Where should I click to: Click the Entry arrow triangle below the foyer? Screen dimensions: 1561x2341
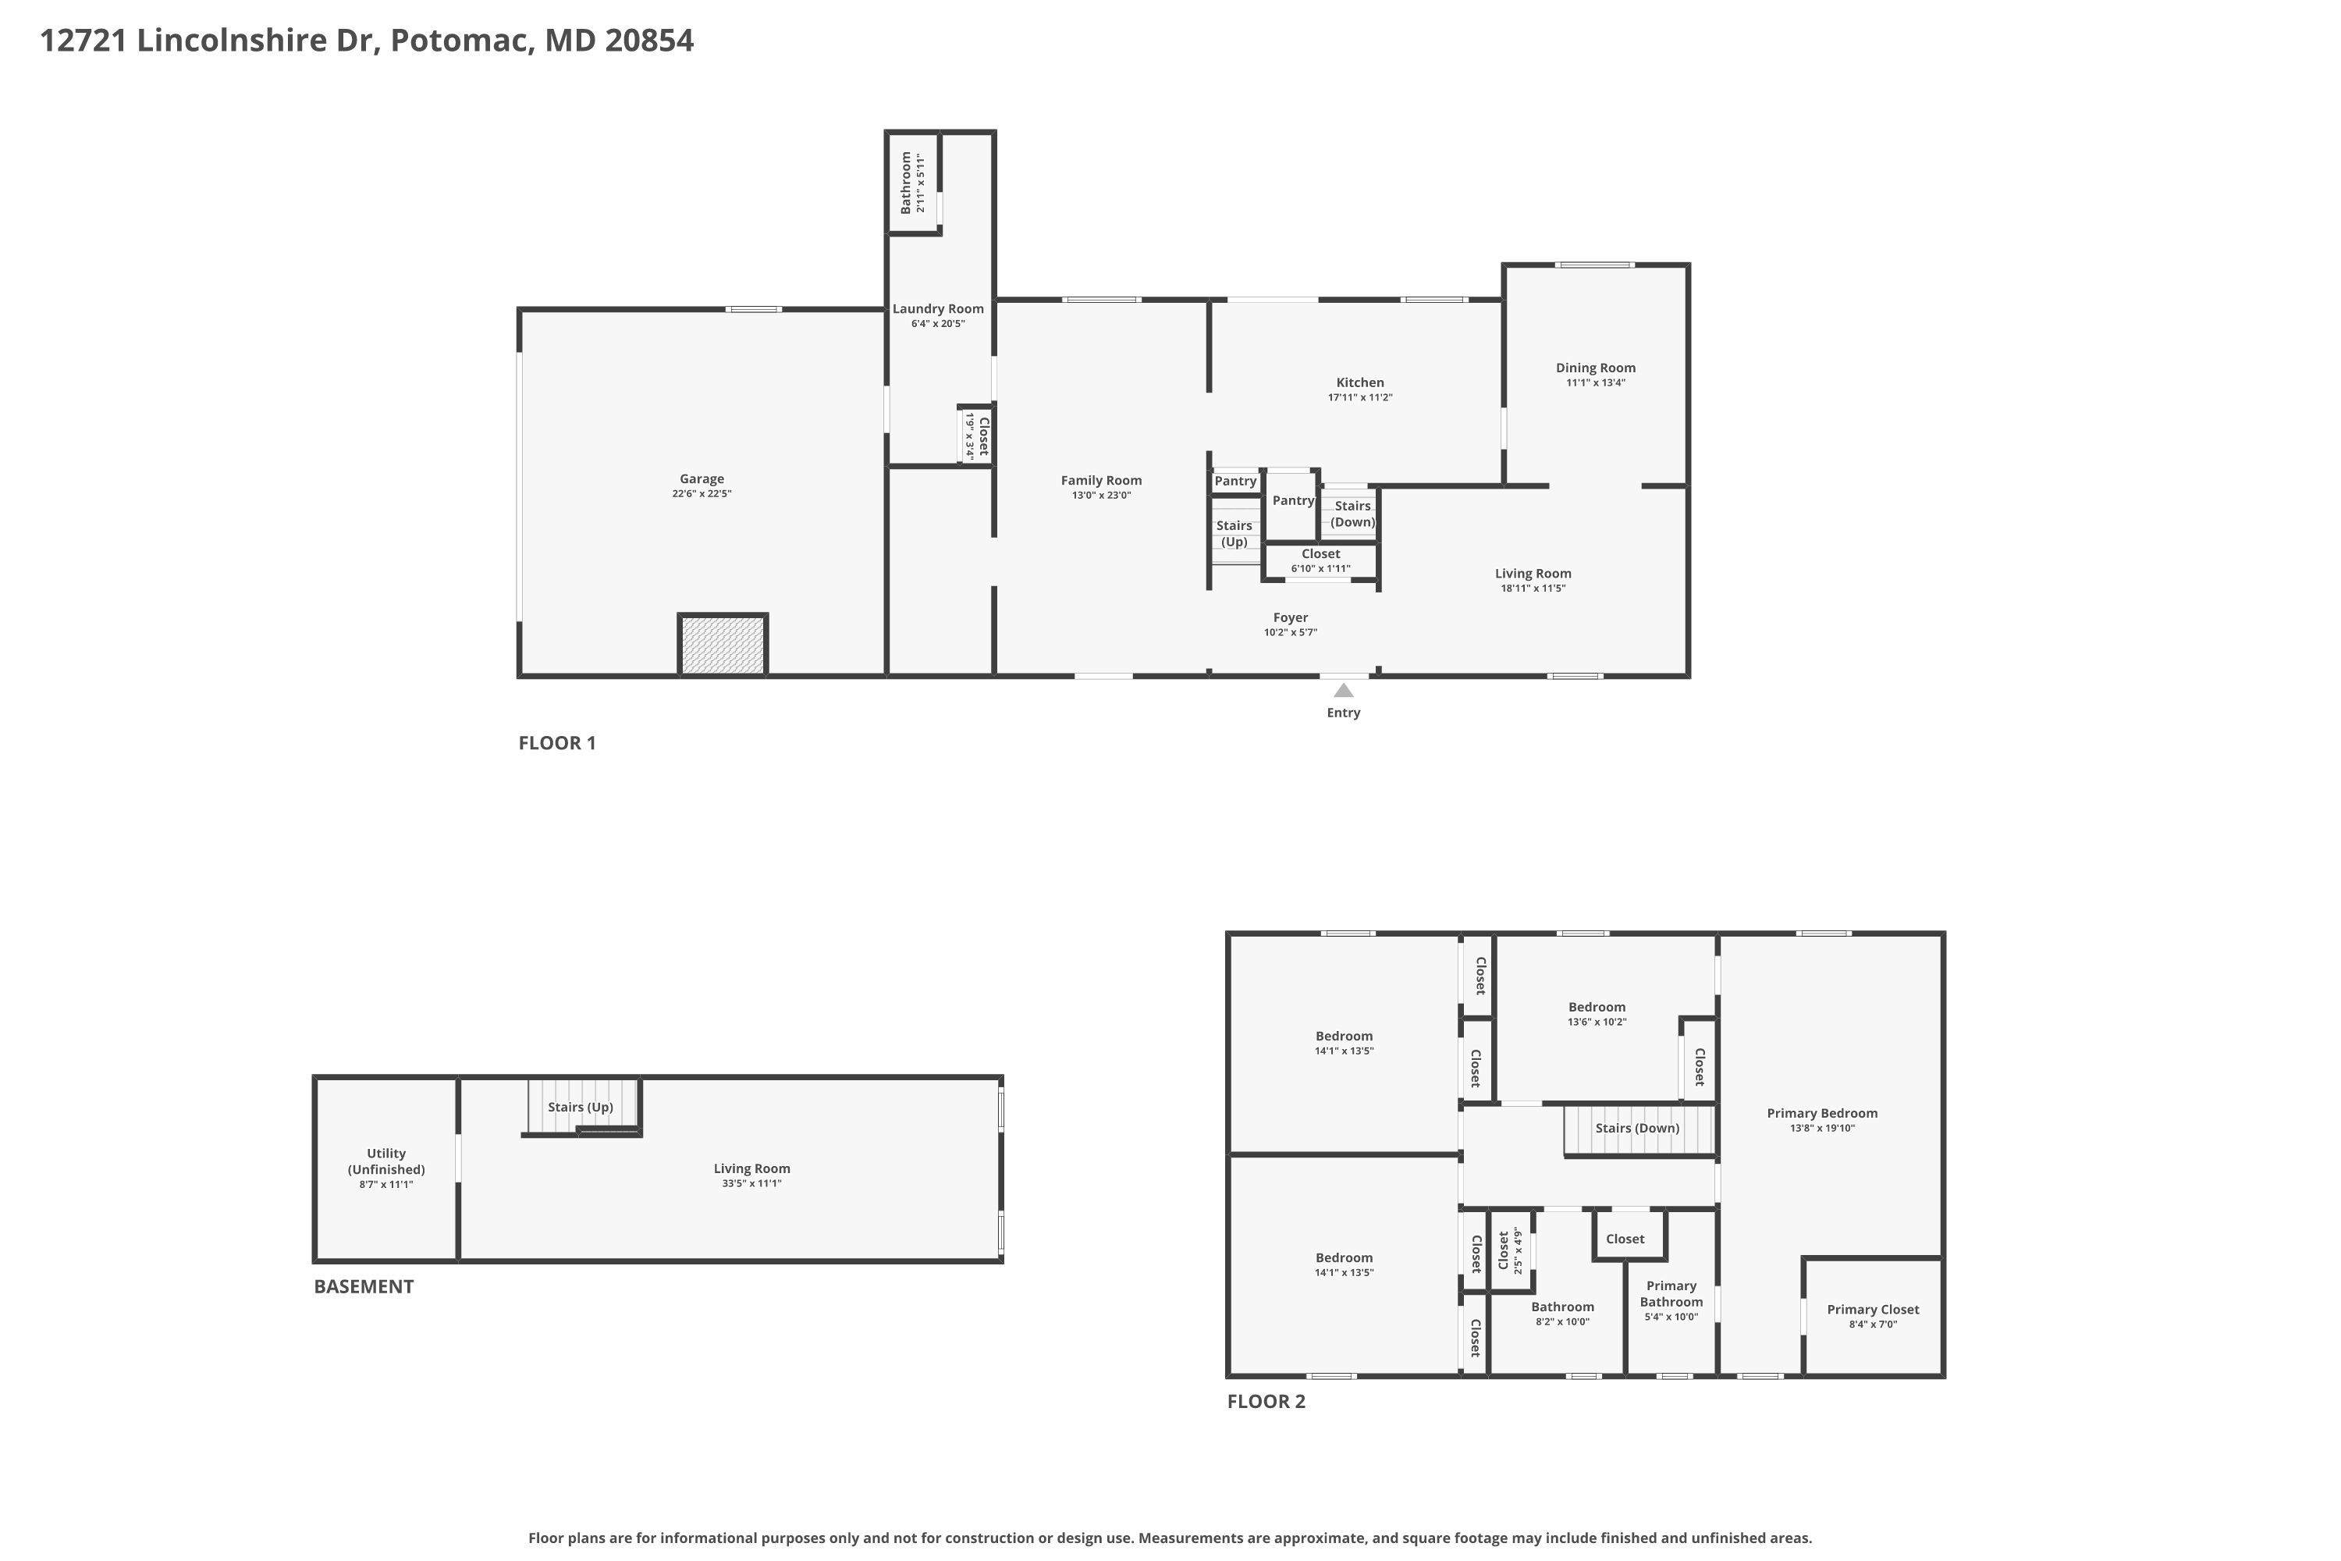click(1343, 690)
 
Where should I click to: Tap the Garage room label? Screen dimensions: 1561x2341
click(701, 479)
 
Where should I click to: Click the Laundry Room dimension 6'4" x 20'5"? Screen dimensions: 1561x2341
click(938, 324)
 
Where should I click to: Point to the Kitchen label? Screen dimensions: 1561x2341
click(1359, 382)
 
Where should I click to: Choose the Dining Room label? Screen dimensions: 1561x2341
click(1596, 368)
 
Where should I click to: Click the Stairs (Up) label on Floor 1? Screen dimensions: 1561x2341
click(1234, 534)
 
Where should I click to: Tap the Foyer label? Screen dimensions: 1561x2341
click(1290, 617)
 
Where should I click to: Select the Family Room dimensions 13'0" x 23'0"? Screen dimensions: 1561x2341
click(1101, 495)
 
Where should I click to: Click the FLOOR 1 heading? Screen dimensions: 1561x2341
click(556, 743)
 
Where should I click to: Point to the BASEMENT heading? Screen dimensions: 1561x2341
click(364, 1286)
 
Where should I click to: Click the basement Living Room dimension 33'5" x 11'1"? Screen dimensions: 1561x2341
click(751, 1184)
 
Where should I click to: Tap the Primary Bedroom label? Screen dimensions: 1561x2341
click(1821, 1113)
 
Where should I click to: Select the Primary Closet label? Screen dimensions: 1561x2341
click(1872, 1309)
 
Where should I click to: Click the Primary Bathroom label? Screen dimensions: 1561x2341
click(1671, 1293)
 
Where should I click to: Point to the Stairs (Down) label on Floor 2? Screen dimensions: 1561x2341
click(1636, 1128)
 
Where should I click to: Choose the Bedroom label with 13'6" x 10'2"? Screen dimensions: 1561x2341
click(1597, 1007)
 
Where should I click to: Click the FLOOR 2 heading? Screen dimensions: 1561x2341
click(1266, 1402)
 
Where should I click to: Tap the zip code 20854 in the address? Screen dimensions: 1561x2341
click(649, 41)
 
